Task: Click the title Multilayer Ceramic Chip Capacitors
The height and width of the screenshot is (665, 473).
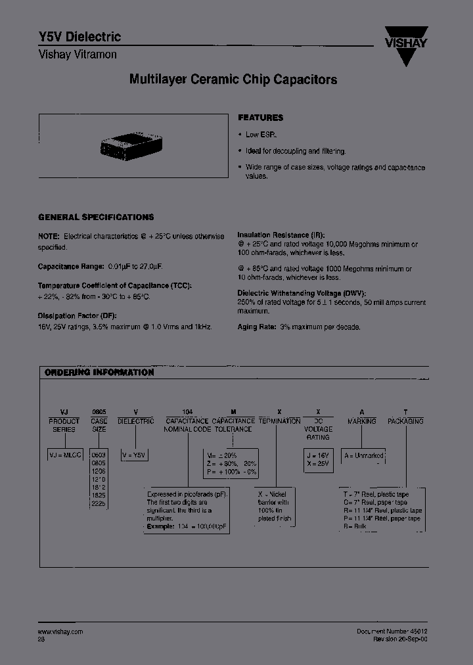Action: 233,80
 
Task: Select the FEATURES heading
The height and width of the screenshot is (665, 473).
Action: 260,118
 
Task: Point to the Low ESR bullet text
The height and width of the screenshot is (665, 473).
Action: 260,135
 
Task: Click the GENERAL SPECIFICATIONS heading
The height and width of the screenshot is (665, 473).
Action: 96,217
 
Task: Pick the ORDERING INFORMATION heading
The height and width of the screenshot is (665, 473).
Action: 99,373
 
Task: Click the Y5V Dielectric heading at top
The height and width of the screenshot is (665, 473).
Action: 79,37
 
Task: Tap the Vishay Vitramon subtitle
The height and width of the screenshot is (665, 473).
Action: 78,55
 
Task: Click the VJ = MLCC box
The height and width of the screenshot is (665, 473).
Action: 64,453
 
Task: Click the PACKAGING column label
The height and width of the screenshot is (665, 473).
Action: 405,421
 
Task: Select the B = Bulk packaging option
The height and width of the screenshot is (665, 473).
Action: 357,527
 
